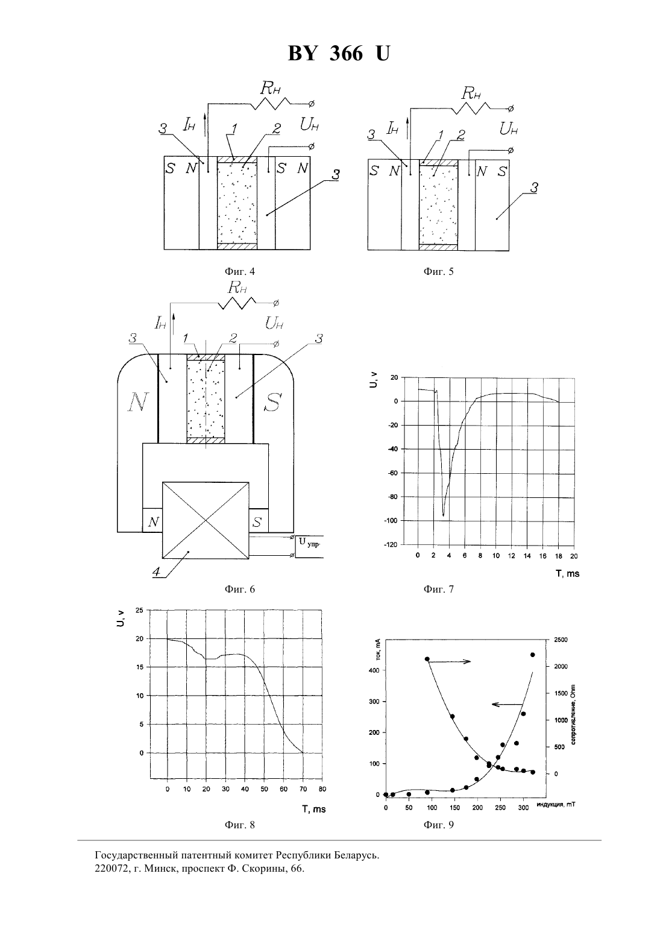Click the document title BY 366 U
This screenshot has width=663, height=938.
339,54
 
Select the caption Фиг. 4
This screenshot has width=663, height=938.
240,271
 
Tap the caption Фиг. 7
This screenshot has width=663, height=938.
439,589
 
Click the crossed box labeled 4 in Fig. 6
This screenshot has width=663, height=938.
206,520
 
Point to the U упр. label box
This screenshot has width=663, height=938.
309,546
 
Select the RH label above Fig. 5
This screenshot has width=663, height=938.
471,93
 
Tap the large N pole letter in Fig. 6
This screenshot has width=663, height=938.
137,403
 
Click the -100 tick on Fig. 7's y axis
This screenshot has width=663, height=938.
391,520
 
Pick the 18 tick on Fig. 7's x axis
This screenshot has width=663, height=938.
558,556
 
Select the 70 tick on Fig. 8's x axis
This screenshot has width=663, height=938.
303,789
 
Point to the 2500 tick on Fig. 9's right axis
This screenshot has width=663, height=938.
561,640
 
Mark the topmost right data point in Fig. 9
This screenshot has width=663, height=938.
532,655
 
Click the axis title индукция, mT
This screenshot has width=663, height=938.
556,804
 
